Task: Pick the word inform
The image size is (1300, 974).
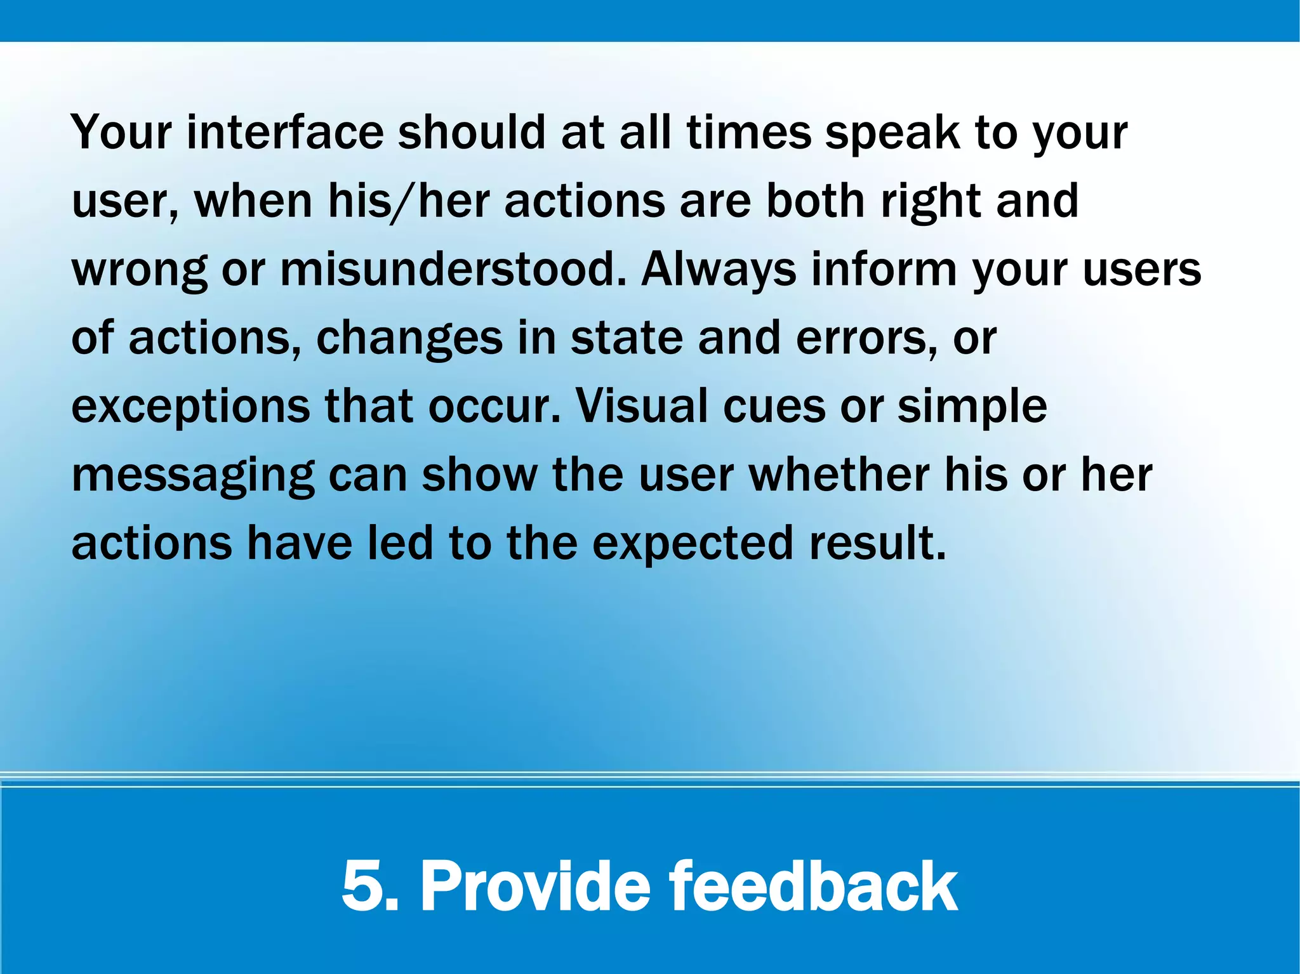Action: coord(884,269)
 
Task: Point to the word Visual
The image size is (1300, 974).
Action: coord(641,406)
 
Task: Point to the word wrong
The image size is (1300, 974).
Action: coord(139,270)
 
